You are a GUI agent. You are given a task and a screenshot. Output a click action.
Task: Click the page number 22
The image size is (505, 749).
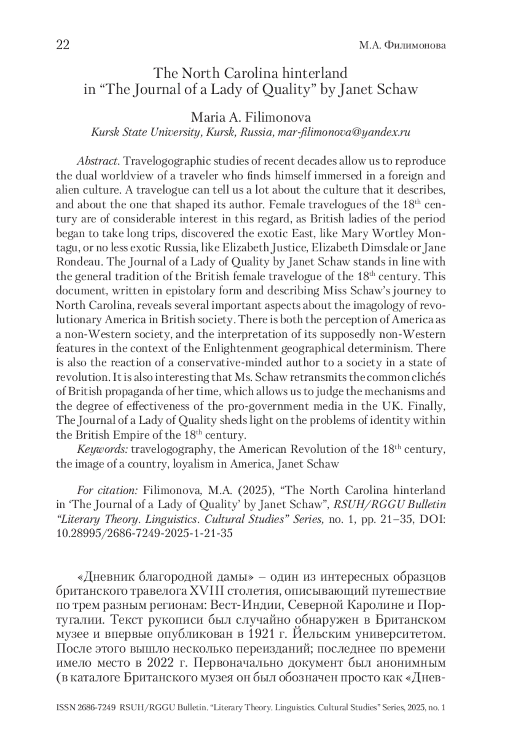click(x=63, y=45)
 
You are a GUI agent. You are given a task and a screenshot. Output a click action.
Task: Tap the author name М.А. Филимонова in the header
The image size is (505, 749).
click(x=402, y=45)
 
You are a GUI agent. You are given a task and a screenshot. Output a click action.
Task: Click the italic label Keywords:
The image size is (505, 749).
click(x=102, y=449)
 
